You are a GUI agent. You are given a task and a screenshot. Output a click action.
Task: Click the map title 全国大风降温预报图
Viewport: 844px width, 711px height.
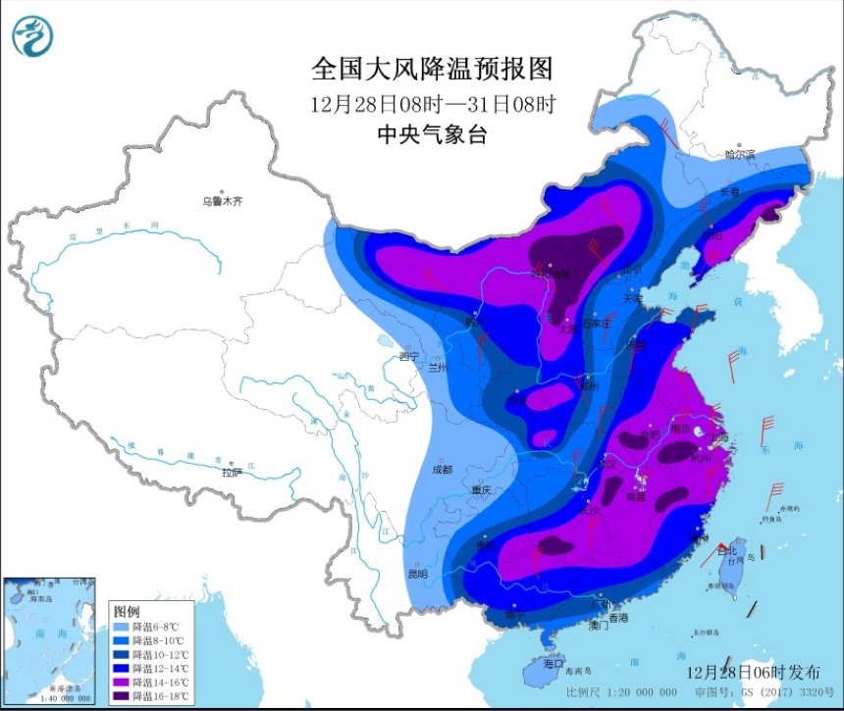(x=433, y=69)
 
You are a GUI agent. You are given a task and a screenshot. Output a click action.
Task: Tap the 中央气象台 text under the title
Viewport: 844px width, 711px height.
(x=433, y=135)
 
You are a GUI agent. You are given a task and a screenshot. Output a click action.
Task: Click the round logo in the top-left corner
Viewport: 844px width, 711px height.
(x=33, y=36)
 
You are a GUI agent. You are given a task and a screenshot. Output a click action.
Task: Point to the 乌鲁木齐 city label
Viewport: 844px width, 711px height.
(x=222, y=201)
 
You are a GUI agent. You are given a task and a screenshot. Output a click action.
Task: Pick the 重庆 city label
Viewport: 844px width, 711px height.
(x=480, y=489)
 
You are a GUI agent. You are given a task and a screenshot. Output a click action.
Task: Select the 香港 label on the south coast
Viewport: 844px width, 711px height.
(x=617, y=618)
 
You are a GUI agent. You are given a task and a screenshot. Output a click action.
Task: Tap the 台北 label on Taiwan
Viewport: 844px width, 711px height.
(x=727, y=552)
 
